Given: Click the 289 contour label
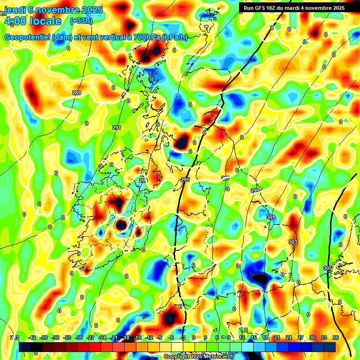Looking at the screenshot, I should point(76,93).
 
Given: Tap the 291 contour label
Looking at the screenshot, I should point(117,127).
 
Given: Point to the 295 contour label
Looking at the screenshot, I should point(185,180).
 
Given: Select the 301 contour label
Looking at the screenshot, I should point(270,217).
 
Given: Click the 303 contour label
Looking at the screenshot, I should point(293,242).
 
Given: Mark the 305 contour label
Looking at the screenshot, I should point(327,268).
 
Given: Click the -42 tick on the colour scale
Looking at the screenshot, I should point(32,337).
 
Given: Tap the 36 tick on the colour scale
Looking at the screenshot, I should point(336,337).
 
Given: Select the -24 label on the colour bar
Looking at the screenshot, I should point(102,337).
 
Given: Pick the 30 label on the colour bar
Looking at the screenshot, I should point(312,337).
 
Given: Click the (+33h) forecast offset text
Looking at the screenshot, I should point(81,21).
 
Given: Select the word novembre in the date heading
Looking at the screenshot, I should point(56,9).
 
